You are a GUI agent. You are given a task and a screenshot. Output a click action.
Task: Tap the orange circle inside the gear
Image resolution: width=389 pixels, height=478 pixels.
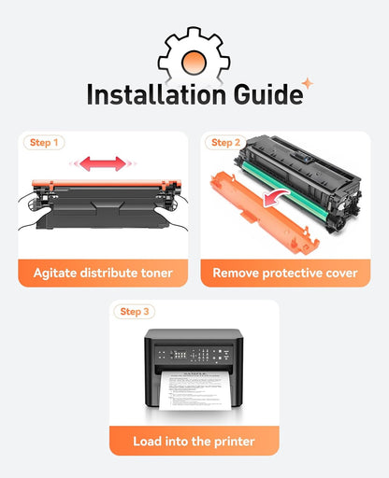tap(194, 62)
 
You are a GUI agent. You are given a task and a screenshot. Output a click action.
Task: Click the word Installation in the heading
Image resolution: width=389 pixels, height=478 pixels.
tap(156, 94)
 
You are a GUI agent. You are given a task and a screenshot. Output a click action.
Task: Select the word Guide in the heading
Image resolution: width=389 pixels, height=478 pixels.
tap(268, 94)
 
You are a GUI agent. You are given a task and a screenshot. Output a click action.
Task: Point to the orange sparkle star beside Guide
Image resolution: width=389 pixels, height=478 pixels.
tap(308, 83)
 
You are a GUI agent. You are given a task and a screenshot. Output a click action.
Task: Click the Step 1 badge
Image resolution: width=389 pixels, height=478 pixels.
tap(44, 143)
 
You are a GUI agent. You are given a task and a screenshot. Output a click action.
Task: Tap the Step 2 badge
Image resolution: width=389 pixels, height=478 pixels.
tap(225, 143)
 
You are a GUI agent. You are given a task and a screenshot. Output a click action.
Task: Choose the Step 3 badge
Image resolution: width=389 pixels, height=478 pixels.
tap(135, 312)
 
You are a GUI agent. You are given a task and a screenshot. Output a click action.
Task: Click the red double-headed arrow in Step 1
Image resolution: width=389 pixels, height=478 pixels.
tap(103, 163)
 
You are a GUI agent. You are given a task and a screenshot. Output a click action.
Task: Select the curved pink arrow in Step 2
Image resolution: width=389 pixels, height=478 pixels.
tap(274, 196)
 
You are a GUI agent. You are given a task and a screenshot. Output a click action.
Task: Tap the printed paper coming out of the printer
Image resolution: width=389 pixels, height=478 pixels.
tap(195, 390)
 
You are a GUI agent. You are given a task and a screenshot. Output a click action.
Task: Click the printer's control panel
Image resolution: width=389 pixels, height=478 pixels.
tap(194, 355)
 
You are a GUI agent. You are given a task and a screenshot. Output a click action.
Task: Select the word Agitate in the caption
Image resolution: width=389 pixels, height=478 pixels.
tap(55, 274)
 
